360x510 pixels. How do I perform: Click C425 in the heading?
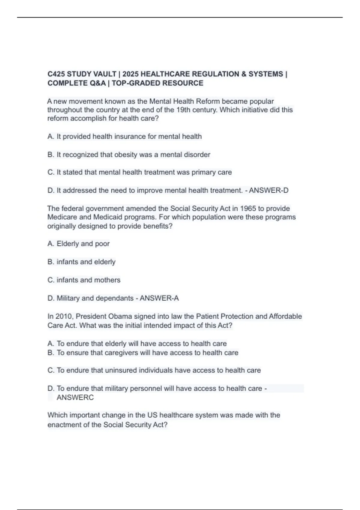point(56,74)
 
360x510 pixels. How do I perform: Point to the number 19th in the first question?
point(183,110)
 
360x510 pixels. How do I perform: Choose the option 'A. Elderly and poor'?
point(79,244)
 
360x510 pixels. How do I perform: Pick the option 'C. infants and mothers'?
point(84,280)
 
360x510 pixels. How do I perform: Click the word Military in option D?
point(68,298)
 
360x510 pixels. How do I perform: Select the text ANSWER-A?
point(159,298)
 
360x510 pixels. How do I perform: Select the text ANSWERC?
point(75,397)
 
